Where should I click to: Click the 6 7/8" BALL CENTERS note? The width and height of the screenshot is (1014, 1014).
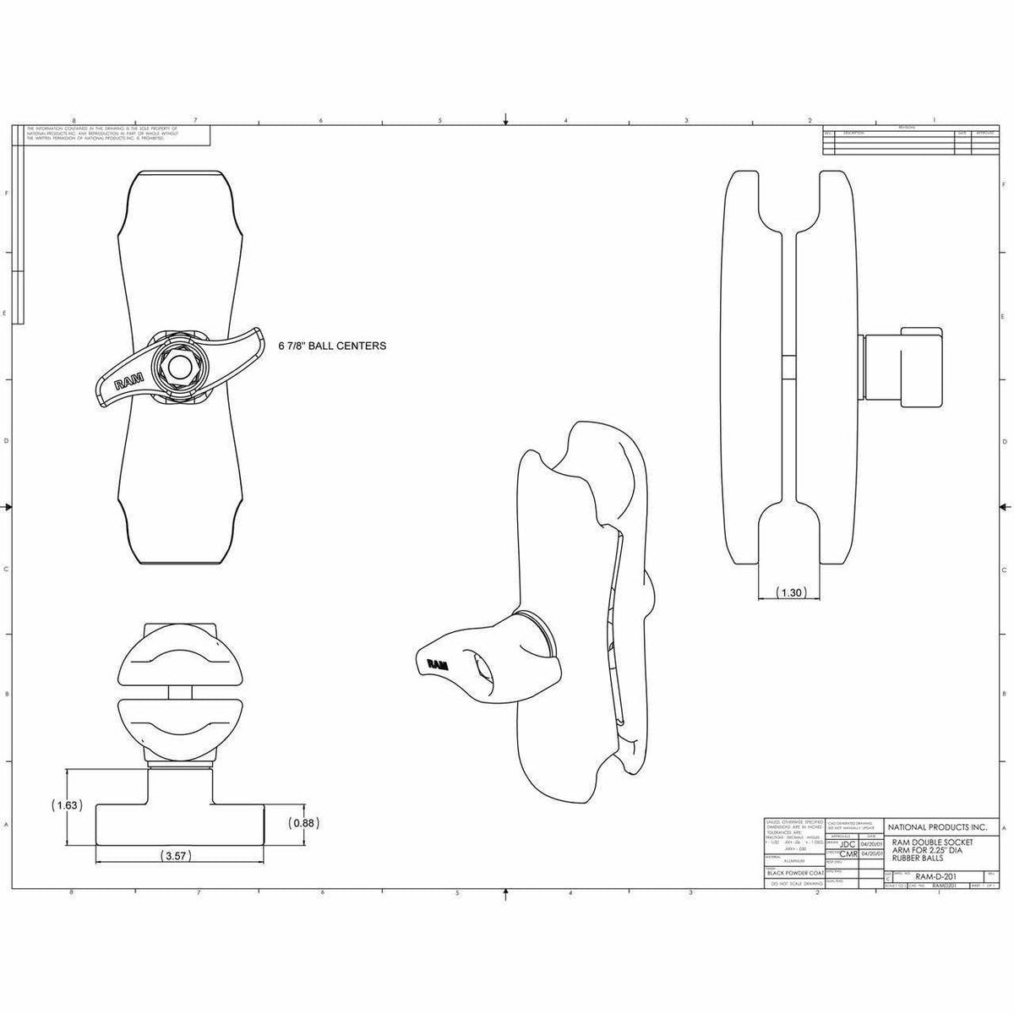pyautogui.click(x=333, y=346)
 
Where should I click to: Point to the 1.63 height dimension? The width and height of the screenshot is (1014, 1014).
pyautogui.click(x=65, y=805)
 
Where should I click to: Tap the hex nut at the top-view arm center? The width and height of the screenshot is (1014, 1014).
pyautogui.click(x=177, y=366)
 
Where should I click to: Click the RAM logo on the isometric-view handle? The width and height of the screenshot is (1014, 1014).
pyautogui.click(x=438, y=664)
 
